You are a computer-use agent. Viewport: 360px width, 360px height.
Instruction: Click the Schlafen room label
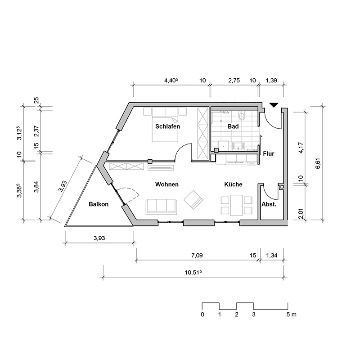click(167, 126)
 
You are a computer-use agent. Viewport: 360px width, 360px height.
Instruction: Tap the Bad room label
click(233, 126)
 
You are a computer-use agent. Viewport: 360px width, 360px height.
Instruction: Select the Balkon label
click(99, 204)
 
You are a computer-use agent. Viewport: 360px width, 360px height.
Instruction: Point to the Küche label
click(233, 184)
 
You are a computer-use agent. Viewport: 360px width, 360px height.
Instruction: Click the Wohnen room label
click(167, 184)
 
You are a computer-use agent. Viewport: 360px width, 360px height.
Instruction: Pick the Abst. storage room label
click(269, 204)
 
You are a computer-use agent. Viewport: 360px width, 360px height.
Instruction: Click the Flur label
click(269, 153)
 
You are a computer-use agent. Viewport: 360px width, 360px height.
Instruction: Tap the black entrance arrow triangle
click(274, 105)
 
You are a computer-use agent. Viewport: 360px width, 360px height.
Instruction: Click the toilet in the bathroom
click(242, 116)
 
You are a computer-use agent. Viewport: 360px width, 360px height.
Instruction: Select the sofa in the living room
click(162, 207)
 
